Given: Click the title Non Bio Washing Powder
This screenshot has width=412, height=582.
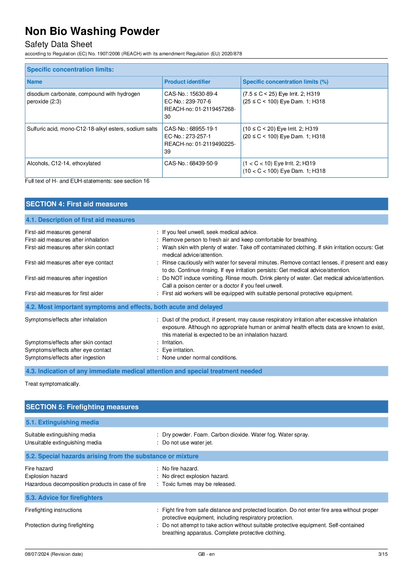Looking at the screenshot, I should tap(92, 31).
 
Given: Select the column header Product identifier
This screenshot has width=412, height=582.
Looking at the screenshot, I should tap(187, 82).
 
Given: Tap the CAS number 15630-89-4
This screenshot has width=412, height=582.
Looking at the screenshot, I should tap(203, 94).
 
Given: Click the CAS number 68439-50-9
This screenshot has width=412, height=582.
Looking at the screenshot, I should tap(203, 163).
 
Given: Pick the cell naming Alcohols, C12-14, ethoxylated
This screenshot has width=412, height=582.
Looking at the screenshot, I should tap(64, 163).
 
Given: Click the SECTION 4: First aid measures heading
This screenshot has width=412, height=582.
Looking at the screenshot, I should tap(76, 204).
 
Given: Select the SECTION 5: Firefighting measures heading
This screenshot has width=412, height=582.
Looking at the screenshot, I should tap(82, 407).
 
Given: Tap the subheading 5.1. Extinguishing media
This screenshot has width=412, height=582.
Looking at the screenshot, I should tap(62, 422).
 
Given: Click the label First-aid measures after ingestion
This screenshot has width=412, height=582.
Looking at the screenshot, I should tap(66, 278).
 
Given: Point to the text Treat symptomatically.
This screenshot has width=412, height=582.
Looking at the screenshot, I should tap(53, 384).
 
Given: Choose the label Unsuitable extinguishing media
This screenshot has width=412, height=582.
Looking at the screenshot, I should tap(63, 443).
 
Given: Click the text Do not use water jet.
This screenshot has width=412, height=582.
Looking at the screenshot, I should tap(187, 443).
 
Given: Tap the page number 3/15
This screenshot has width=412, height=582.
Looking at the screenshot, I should tap(383, 554).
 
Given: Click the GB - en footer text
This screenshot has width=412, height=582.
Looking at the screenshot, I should tap(206, 554).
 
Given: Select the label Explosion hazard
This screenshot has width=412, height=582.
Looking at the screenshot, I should tap(46, 476).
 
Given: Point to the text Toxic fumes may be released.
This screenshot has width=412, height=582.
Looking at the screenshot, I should tap(199, 484).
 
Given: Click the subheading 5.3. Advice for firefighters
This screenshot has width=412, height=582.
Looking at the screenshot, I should tap(64, 498).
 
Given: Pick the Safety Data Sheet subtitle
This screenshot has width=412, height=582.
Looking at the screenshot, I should tap(58, 44).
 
